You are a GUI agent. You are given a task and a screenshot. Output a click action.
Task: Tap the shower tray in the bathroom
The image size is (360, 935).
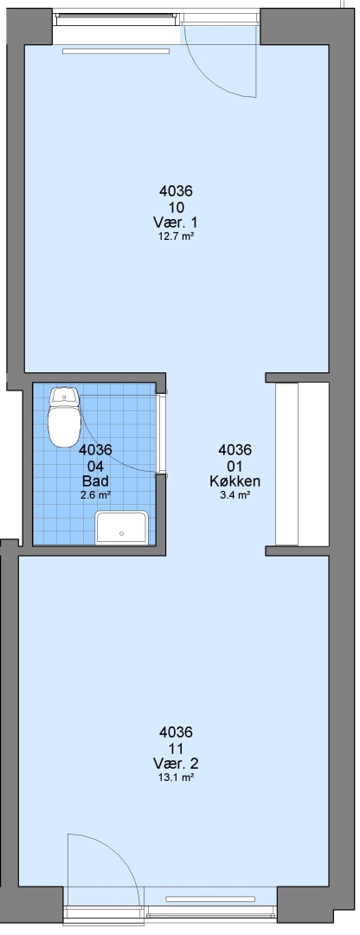(122, 528)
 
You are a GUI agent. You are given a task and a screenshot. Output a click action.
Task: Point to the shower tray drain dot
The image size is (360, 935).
(122, 533)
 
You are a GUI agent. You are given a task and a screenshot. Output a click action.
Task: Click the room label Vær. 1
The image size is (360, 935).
(175, 222)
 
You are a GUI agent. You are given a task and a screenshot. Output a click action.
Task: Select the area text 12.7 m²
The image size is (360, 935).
(175, 236)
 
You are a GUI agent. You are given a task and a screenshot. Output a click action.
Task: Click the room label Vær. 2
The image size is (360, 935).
(175, 764)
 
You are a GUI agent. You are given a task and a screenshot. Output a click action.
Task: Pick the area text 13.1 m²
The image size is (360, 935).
(175, 777)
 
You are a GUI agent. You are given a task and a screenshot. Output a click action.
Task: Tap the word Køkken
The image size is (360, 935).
(235, 481)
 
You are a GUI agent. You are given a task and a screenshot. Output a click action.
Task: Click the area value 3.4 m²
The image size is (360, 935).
(235, 494)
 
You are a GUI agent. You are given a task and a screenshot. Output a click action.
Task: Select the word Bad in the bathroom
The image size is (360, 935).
(95, 481)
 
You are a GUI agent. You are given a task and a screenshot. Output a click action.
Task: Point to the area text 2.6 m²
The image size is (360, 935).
(95, 494)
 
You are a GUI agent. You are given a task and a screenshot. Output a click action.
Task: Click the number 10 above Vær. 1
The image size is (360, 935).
(176, 208)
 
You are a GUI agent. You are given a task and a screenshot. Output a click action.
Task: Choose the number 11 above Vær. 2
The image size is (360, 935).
(176, 749)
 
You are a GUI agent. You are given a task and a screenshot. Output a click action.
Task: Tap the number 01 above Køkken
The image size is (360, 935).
(235, 466)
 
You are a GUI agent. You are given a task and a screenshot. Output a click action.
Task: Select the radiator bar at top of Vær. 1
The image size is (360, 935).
(116, 51)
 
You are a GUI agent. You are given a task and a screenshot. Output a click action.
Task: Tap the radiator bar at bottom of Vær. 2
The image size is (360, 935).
(209, 899)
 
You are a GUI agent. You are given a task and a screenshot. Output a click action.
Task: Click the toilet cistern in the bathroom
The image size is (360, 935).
(64, 396)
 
